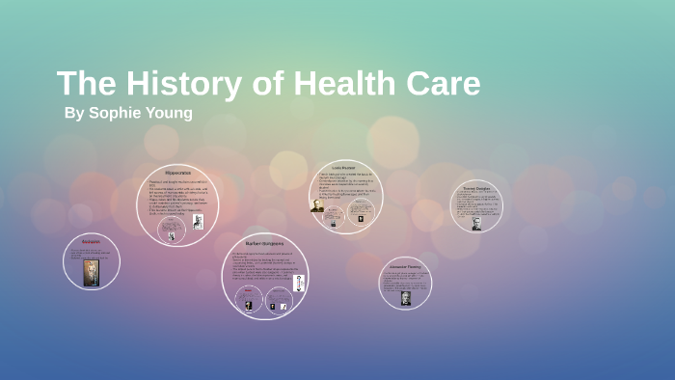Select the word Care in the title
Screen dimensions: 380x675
pyautogui.click(x=445, y=84)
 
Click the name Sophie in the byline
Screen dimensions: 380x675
pyautogui.click(x=119, y=113)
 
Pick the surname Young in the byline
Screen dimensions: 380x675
pyautogui.click(x=171, y=113)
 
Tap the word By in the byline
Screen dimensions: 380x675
pyautogui.click(x=74, y=113)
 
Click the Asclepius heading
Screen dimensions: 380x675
pyautogui.click(x=92, y=241)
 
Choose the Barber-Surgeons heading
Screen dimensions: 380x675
pyautogui.click(x=264, y=244)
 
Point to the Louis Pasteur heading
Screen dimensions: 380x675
pyautogui.click(x=343, y=165)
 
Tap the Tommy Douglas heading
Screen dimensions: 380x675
pyautogui.click(x=476, y=188)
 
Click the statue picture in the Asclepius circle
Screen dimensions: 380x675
pyautogui.click(x=92, y=272)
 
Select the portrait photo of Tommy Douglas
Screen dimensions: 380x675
pyautogui.click(x=476, y=223)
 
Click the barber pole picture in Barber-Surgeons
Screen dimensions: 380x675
pyautogui.click(x=299, y=283)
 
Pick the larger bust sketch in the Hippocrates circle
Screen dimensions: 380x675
pyautogui.click(x=198, y=222)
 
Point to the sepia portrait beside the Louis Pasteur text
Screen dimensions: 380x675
pyautogui.click(x=317, y=205)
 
